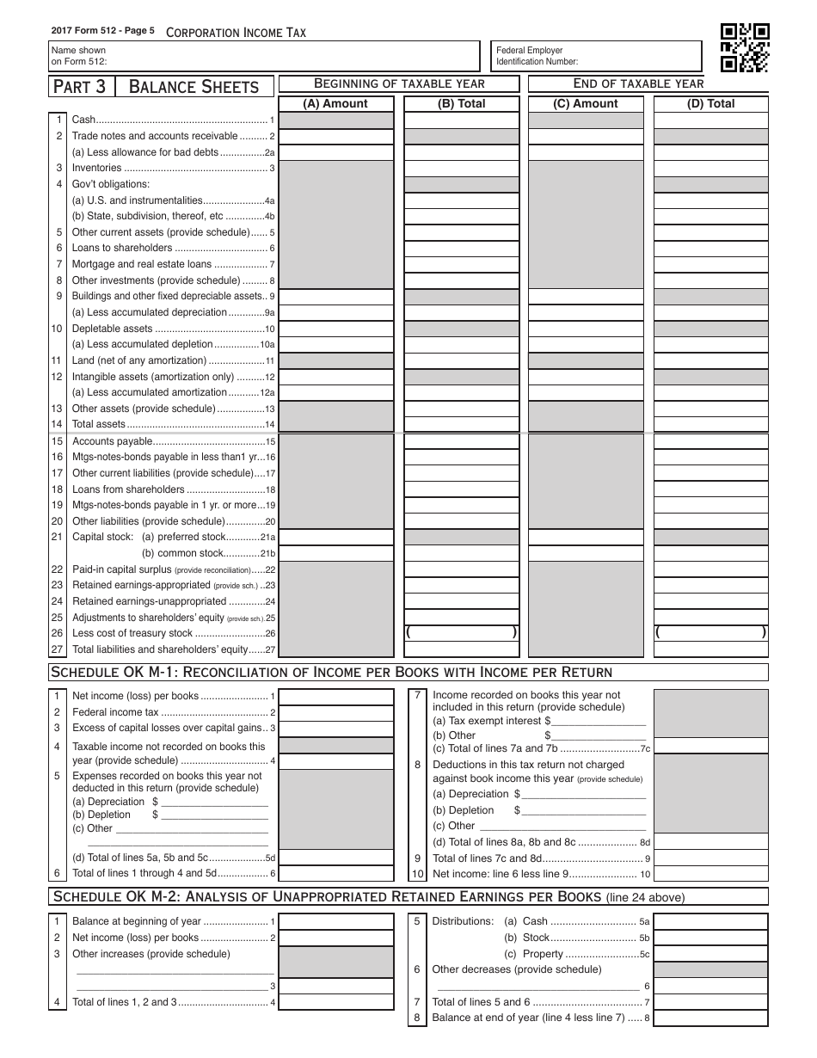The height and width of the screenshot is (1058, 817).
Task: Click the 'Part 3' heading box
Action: click(x=84, y=86)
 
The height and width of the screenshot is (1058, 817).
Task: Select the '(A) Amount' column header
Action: click(x=335, y=103)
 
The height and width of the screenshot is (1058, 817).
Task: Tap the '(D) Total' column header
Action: click(x=710, y=103)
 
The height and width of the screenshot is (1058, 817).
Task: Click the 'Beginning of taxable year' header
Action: click(x=399, y=83)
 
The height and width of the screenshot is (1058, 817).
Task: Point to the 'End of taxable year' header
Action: click(x=638, y=83)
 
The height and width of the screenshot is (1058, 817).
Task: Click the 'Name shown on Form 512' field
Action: click(x=264, y=56)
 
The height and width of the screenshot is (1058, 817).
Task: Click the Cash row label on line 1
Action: click(x=83, y=120)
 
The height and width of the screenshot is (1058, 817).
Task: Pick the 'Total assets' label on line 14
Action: click(x=99, y=424)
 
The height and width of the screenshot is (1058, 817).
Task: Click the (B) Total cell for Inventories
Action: click(x=462, y=169)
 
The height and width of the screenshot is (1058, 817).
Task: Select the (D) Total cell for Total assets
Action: click(x=711, y=424)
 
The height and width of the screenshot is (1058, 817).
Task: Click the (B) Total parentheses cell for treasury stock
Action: click(x=462, y=633)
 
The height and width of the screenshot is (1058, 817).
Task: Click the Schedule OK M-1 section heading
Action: click(x=332, y=672)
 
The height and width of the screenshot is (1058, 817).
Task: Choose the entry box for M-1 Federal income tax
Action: click(x=336, y=712)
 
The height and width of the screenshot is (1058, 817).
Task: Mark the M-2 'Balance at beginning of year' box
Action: click(x=336, y=921)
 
